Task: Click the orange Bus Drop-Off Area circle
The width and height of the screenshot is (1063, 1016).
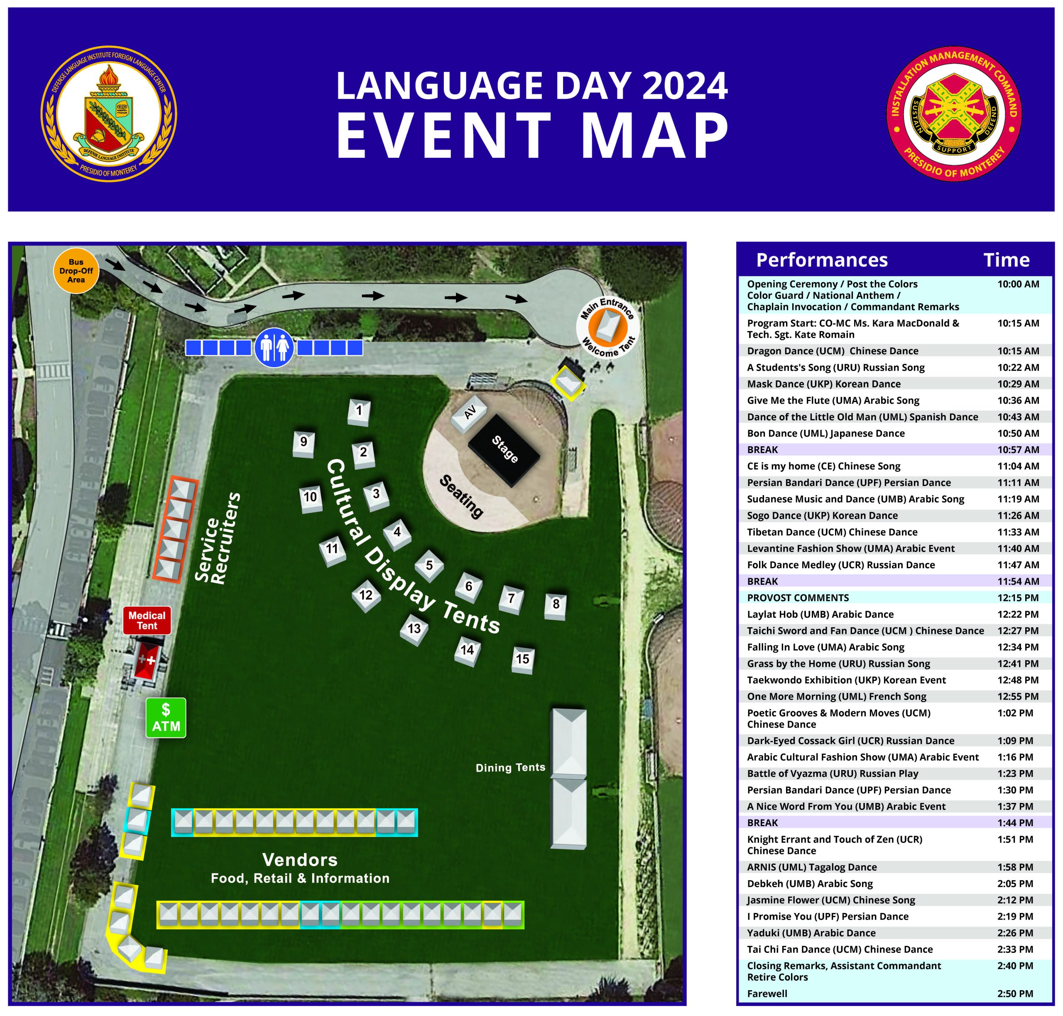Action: click(76, 271)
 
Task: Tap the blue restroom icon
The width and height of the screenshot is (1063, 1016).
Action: click(274, 347)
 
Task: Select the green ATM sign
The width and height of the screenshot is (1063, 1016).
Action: click(166, 718)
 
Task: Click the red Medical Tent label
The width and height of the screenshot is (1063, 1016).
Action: click(147, 620)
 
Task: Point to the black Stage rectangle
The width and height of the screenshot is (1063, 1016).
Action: click(504, 449)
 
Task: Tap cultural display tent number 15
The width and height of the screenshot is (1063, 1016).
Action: click(522, 660)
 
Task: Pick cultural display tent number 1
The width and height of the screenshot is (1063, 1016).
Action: click(359, 412)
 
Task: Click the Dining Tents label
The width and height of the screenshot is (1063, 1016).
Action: click(510, 768)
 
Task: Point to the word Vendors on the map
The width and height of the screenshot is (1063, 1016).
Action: click(299, 859)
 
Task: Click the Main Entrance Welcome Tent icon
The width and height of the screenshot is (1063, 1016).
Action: click(607, 328)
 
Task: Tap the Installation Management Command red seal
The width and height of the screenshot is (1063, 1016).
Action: click(954, 113)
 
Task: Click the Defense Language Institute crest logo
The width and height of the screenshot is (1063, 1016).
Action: click(109, 113)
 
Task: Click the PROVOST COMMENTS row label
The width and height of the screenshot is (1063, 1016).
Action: click(798, 598)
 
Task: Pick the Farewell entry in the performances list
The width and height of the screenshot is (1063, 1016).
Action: click(767, 993)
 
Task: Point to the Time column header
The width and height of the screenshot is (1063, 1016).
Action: click(1006, 260)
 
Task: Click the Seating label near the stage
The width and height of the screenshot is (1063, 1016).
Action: click(461, 496)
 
